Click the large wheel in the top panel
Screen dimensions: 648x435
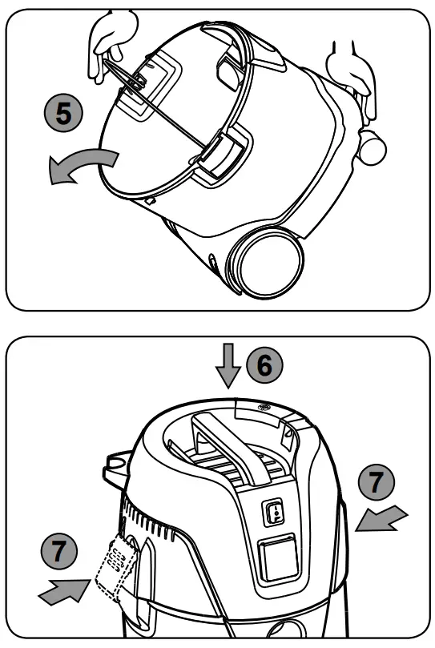(268, 262)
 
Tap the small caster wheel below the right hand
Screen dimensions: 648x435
(371, 146)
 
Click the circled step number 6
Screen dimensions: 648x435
(264, 364)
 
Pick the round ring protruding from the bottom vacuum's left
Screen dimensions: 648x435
(117, 463)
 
